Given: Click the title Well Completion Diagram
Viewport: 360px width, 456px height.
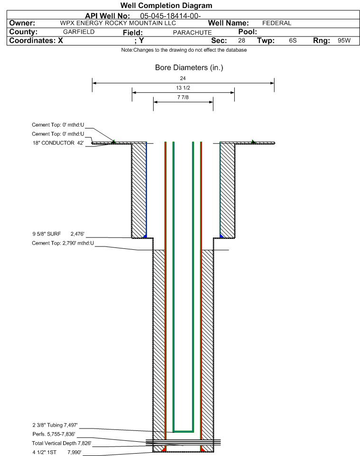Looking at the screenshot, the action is [x=166, y=6].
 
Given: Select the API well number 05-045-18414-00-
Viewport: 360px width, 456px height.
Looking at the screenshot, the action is [x=170, y=16].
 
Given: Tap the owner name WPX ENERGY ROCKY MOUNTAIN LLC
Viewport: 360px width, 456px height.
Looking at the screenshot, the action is [x=118, y=23].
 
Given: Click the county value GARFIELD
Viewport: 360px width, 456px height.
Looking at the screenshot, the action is [x=79, y=32].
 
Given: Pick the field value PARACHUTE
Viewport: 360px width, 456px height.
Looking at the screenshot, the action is [x=193, y=33].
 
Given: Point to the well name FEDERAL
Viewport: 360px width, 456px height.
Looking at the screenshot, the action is [x=277, y=23].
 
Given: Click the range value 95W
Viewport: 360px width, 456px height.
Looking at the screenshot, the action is [x=344, y=40].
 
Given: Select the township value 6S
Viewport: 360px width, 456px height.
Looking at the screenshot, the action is [x=293, y=40].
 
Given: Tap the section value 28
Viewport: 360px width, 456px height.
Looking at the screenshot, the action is [x=241, y=40].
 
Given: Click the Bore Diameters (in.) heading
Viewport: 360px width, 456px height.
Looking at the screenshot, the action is [x=189, y=67].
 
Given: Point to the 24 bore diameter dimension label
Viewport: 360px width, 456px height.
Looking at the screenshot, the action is [x=183, y=78].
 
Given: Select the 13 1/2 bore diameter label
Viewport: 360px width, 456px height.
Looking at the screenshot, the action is [x=183, y=88].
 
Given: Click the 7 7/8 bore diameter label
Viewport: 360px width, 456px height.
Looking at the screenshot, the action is [x=183, y=97].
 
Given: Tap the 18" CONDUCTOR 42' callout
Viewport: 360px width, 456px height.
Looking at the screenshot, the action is [x=58, y=143].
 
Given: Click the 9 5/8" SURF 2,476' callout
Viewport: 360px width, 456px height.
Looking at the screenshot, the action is [x=58, y=234].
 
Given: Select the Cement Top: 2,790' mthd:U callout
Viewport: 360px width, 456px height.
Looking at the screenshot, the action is [x=63, y=243].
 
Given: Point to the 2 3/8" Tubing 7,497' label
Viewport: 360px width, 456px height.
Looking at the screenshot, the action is [x=55, y=425].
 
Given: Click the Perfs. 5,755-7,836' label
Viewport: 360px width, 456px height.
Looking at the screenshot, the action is [x=54, y=434].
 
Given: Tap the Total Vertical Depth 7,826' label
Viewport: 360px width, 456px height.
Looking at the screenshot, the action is [x=62, y=443].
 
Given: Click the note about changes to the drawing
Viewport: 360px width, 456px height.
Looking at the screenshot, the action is [x=184, y=50].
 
